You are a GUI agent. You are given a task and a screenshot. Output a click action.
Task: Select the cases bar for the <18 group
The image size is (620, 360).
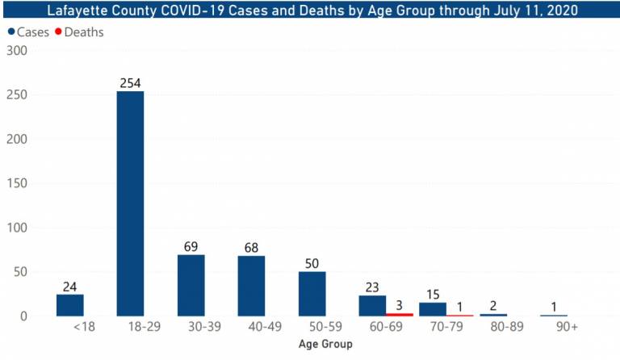(x=69, y=305)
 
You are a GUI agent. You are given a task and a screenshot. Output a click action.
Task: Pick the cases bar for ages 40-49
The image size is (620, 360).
(x=251, y=286)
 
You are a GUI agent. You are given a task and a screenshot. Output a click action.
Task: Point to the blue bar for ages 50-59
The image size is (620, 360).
(x=312, y=294)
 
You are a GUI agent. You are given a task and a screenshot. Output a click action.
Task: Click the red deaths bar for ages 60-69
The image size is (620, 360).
(x=399, y=314)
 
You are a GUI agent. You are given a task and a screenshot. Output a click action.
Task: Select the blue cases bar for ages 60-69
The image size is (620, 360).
(x=372, y=306)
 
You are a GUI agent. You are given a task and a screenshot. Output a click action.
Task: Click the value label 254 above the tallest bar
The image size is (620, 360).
(x=130, y=82)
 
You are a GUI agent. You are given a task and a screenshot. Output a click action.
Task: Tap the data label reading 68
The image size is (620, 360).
(x=251, y=246)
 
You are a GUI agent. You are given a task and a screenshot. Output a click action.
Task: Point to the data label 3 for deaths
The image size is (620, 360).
(x=399, y=303)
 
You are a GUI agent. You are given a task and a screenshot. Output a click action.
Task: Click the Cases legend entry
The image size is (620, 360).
(x=30, y=32)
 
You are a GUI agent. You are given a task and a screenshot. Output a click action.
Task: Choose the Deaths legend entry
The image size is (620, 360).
(x=83, y=32)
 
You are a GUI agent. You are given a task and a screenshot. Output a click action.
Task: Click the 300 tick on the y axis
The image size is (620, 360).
(x=16, y=51)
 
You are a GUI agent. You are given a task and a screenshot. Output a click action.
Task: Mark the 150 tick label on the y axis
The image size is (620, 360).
(x=16, y=183)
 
